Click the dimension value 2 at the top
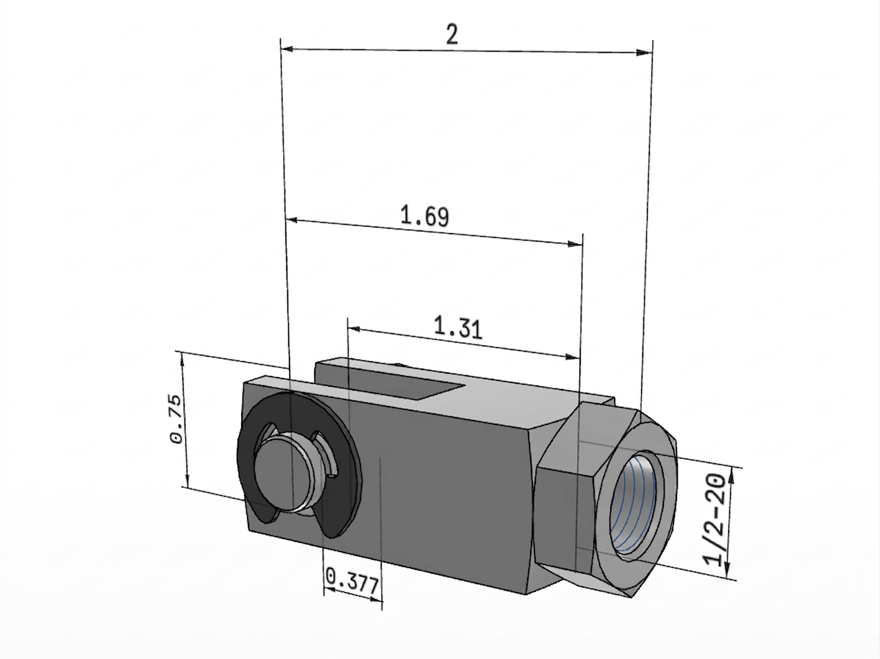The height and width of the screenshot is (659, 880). tap(452, 35)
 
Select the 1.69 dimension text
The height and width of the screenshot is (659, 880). tap(425, 216)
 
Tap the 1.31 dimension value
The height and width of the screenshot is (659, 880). tap(459, 327)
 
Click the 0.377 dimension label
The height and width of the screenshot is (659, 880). tap(352, 582)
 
